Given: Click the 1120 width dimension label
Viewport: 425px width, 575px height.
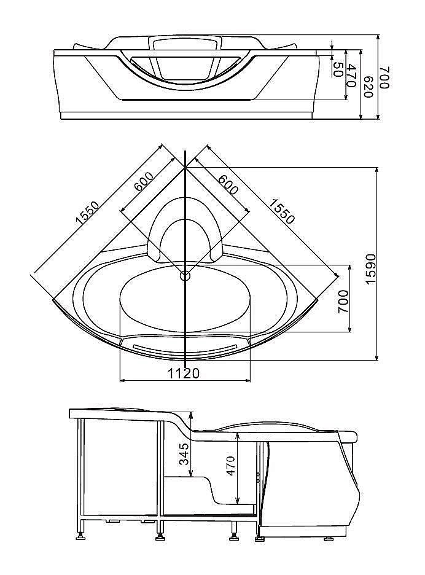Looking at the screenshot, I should tap(183, 373).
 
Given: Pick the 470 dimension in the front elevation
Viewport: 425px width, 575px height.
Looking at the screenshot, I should tap(352, 75).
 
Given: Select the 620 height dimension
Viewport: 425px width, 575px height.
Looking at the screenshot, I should tap(368, 86).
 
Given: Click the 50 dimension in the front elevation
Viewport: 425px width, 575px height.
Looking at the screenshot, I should tap(337, 68).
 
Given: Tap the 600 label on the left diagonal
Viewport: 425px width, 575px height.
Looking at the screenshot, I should tap(143, 182).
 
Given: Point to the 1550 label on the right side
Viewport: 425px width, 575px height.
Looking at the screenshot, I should tap(283, 211).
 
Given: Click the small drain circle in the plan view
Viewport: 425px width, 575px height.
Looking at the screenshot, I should tap(185, 275).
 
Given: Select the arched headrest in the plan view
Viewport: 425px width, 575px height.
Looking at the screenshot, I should tap(185, 227).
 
